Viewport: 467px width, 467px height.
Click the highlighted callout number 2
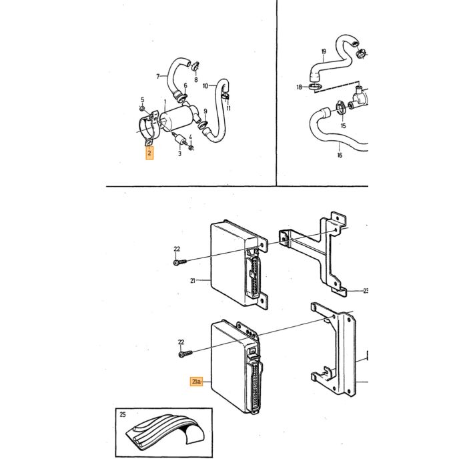[x=149, y=153]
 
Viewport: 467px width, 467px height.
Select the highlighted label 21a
[x=196, y=381]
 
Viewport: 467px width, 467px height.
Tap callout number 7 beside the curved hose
[x=158, y=77]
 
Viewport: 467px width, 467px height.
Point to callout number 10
[x=205, y=86]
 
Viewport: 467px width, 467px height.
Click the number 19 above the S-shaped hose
[x=324, y=51]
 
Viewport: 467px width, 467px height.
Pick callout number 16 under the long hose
[x=340, y=155]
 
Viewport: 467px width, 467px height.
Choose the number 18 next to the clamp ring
[x=300, y=87]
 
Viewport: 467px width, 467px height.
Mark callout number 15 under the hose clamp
[x=344, y=126]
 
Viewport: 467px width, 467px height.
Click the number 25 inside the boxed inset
[x=123, y=414]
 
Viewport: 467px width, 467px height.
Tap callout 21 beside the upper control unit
[x=193, y=280]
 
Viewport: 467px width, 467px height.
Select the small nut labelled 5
[x=142, y=108]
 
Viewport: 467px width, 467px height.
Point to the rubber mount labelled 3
[x=181, y=139]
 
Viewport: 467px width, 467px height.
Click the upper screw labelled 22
[x=180, y=262]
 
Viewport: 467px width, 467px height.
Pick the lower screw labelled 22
[x=185, y=354]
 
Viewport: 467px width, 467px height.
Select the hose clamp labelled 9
[x=203, y=125]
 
